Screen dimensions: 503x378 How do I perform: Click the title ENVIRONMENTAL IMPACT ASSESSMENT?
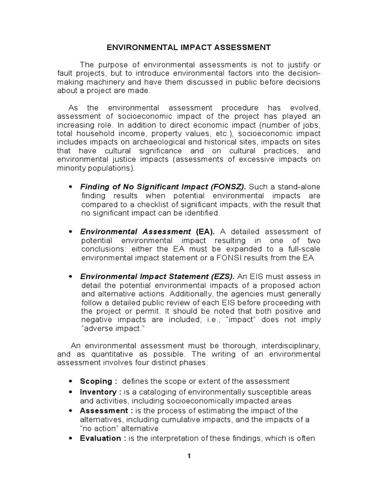[x=189, y=48]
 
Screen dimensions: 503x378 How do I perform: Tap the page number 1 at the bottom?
[x=189, y=456]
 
